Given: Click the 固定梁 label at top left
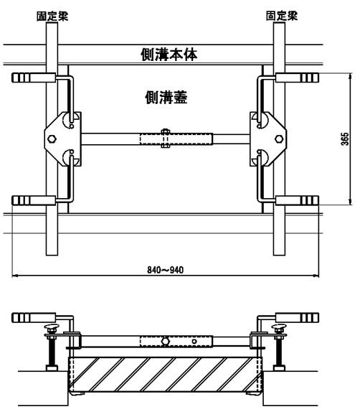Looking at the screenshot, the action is (x=52, y=16).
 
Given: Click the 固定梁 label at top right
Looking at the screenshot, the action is (x=282, y=16).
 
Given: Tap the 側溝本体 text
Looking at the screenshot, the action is (x=169, y=55).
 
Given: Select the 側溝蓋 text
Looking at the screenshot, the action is (x=166, y=98).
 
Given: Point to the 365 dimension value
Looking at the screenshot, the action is (x=345, y=139).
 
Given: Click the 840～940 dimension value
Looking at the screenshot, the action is (x=165, y=270).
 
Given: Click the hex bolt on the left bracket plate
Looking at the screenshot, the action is (x=52, y=139).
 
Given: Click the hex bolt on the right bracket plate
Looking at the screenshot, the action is (x=279, y=139).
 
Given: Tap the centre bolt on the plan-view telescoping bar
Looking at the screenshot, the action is (x=165, y=139).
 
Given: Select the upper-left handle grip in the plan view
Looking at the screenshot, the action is (x=34, y=78).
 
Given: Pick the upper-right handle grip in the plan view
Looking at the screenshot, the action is (x=297, y=78).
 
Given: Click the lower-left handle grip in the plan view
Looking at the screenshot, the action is (x=34, y=200).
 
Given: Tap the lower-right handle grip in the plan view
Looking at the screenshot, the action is (x=297, y=200).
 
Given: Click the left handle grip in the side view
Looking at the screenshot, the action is (x=34, y=317).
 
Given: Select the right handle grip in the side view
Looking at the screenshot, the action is (x=297, y=317).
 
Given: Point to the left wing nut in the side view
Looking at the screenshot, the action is (x=52, y=327).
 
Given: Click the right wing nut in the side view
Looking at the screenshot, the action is (x=279, y=327).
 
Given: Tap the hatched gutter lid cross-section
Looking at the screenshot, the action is (x=165, y=375).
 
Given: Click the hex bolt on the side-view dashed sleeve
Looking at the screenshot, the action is (x=165, y=341).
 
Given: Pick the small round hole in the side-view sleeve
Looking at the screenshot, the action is (x=194, y=342).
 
